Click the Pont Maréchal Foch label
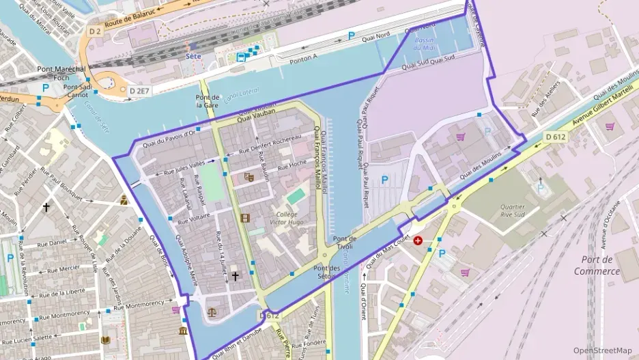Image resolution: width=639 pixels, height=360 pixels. click(x=62, y=73)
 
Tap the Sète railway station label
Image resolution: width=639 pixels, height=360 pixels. click(x=193, y=56)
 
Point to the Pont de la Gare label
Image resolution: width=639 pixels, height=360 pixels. click(x=207, y=102)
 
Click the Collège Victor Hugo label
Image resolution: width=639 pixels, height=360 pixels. click(x=287, y=217)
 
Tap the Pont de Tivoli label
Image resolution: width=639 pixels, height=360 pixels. click(x=344, y=243)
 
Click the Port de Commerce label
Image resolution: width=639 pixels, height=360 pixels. click(x=596, y=265)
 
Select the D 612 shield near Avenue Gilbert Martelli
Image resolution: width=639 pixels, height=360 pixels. click(x=556, y=137)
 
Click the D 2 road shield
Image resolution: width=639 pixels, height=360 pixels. click(x=94, y=31)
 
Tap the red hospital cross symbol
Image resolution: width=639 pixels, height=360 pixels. click(x=417, y=241)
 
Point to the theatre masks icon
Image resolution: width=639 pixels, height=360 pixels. click(x=248, y=178)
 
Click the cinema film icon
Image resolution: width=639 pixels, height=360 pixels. click(x=245, y=218)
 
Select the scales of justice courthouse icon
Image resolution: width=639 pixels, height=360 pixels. click(x=210, y=311)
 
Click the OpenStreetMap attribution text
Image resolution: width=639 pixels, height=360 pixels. click(x=602, y=350)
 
